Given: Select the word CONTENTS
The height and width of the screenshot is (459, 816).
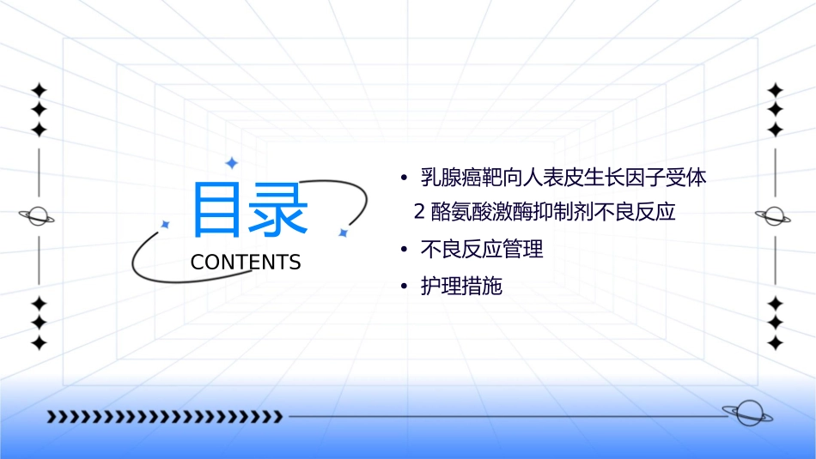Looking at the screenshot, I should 246,263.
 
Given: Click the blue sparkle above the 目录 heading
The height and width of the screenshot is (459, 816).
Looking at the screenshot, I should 230,162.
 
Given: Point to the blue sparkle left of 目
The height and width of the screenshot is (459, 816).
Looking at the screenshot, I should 166,224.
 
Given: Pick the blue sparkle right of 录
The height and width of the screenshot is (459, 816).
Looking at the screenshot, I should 343,233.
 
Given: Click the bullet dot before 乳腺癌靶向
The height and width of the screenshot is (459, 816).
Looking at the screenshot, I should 403,179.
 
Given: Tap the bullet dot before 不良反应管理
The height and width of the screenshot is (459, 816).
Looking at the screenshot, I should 403,251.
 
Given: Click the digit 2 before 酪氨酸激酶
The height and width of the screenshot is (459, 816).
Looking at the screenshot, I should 420,211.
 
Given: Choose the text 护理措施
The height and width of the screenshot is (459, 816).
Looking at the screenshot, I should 461,287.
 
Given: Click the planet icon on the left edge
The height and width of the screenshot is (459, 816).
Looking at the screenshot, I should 38,216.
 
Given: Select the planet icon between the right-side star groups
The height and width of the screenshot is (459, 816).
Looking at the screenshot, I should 775,216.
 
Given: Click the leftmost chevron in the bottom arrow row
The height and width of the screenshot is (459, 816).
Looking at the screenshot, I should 51,417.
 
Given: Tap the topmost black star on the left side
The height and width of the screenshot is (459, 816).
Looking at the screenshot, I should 39,89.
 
